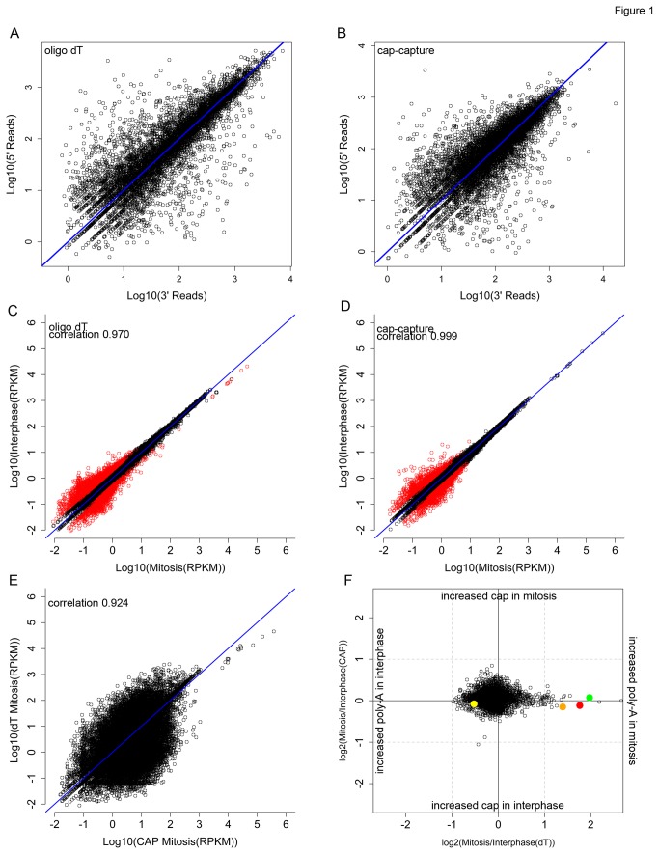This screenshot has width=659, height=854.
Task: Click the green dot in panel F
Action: coord(589,697)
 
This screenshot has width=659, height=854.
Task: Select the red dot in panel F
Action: coord(580,705)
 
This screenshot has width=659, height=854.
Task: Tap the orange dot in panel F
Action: coord(563,707)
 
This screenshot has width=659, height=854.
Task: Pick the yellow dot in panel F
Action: coord(474,704)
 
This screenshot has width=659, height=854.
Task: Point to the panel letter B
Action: coord(342,34)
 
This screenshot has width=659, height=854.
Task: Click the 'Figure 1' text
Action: coord(625,9)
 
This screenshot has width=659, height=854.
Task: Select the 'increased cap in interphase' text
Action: coord(498,804)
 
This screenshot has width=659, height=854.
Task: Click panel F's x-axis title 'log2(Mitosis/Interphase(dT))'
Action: coord(498,842)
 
